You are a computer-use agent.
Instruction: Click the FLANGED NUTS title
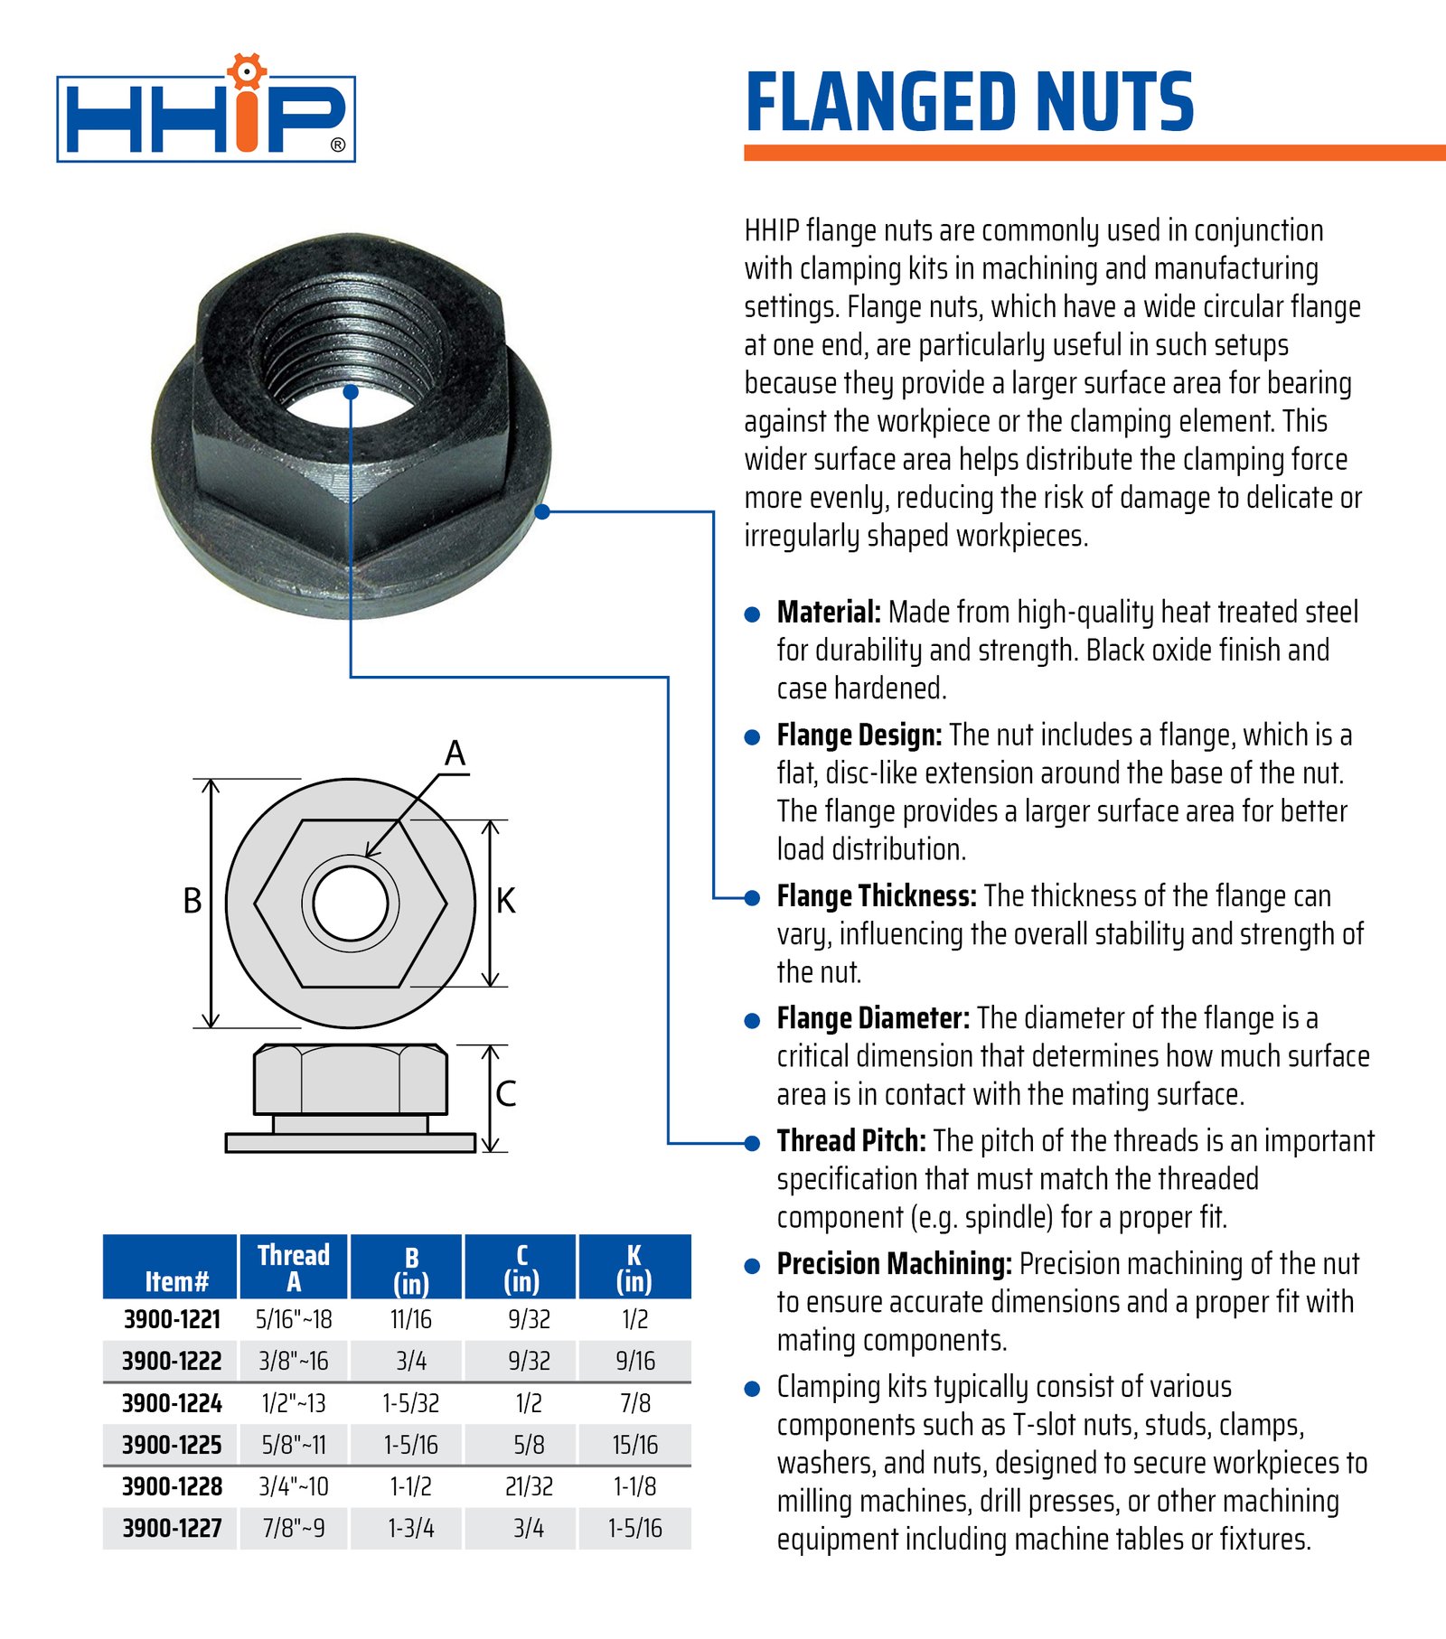click(969, 102)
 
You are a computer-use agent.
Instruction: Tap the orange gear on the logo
click(246, 70)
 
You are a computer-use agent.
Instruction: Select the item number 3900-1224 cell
click(172, 1403)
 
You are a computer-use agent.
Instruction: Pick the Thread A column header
click(294, 1268)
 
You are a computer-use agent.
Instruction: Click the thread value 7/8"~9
click(294, 1528)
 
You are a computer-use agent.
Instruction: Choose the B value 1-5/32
click(410, 1403)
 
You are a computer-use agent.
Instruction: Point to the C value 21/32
click(529, 1486)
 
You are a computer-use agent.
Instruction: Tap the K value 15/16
click(634, 1445)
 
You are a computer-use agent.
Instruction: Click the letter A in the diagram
click(455, 754)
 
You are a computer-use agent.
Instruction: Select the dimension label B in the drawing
click(192, 901)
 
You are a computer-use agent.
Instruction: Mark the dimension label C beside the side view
click(506, 1094)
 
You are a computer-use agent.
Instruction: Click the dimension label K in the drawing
click(506, 901)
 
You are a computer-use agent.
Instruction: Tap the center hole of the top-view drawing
click(351, 904)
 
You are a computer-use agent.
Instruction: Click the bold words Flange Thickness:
click(876, 896)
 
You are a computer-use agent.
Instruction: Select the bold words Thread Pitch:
click(850, 1141)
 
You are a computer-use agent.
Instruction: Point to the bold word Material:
click(828, 613)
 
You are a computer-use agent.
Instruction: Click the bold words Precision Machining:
click(894, 1264)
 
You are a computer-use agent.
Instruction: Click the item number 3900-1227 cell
click(172, 1528)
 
